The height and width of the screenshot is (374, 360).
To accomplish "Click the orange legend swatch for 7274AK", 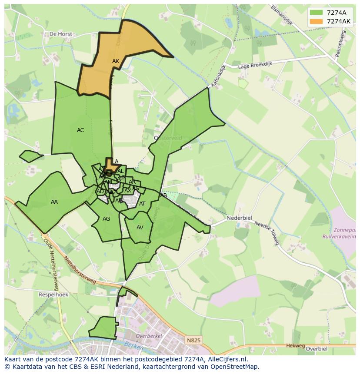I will (x=317, y=21).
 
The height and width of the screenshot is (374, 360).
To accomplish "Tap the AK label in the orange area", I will (x=116, y=61).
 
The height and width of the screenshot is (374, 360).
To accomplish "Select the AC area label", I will (x=80, y=130).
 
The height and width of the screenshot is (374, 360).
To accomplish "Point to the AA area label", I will (x=54, y=202).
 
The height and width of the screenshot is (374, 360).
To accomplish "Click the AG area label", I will (x=107, y=219).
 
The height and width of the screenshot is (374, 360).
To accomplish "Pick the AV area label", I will (x=140, y=228).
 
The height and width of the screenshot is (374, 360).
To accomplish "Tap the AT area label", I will (x=142, y=204).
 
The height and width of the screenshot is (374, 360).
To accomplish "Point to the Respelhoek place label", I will (x=53, y=295).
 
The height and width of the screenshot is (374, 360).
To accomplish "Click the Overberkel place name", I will (x=149, y=336).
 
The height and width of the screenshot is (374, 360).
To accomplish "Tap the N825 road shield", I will (x=193, y=341).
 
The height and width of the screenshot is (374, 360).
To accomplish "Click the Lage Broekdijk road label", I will (x=255, y=65).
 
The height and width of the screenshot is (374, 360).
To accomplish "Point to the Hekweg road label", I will (x=296, y=346).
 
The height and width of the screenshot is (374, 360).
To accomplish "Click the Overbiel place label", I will (x=316, y=348).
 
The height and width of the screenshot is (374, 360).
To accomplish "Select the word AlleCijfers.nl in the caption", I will (x=226, y=360).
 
